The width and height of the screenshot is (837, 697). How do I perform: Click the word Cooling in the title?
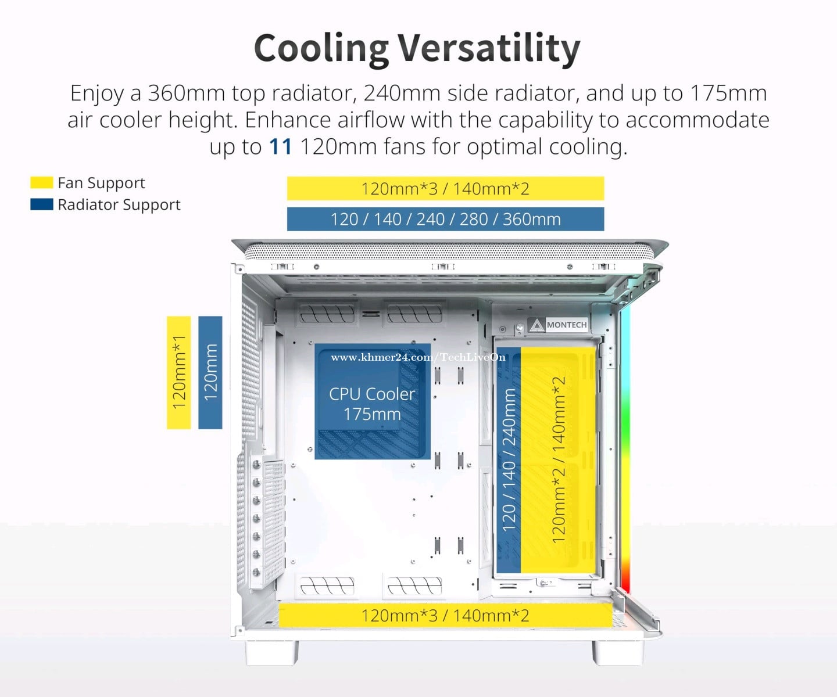[321, 49]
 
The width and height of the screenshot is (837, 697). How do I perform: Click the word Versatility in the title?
[489, 49]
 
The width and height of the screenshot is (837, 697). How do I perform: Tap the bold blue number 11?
[280, 146]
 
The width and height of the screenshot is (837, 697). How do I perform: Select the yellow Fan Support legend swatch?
[42, 182]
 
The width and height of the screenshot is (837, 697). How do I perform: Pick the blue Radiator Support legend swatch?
[42, 204]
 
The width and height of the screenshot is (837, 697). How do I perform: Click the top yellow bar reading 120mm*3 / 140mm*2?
[445, 188]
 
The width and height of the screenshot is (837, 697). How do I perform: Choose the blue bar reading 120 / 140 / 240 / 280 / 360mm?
[445, 219]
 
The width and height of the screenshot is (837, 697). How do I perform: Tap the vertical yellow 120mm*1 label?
[179, 372]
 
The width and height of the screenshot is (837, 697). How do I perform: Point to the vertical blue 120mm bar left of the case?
[210, 372]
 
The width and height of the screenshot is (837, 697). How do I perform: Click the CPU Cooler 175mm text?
[372, 404]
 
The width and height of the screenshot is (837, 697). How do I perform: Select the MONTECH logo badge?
[557, 325]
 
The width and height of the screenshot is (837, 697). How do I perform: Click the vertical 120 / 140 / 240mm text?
[509, 459]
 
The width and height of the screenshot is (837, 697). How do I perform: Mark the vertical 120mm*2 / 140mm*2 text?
[559, 459]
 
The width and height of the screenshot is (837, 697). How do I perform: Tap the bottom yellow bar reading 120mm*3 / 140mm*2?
[445, 615]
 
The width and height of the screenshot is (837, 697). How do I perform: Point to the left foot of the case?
[272, 652]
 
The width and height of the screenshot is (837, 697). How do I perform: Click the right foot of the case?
[618, 652]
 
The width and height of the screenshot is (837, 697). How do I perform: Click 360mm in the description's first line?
[187, 93]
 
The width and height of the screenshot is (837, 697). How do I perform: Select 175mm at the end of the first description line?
[728, 93]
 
